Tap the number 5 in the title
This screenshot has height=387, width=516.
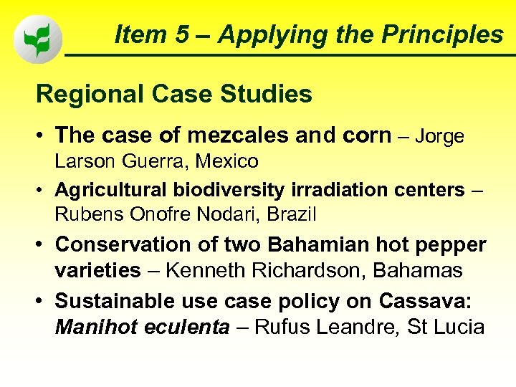[188, 33]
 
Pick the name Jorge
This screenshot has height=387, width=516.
[440, 135]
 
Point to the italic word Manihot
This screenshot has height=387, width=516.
[91, 328]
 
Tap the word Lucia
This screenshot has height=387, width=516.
[458, 328]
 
